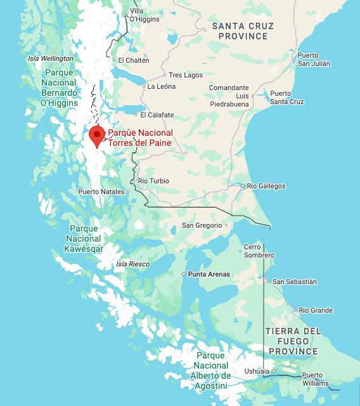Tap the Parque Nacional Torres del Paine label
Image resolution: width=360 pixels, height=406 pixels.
[x=140, y=138]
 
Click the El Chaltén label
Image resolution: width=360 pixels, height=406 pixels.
[x=134, y=61]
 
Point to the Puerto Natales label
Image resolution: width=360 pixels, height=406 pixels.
[x=101, y=192]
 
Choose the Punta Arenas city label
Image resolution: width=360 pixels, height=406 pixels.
[x=208, y=275]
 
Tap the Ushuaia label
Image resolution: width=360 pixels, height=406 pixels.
[x=257, y=372]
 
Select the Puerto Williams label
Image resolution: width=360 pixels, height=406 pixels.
[x=315, y=379]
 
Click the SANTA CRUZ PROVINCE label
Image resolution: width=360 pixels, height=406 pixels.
[x=243, y=31]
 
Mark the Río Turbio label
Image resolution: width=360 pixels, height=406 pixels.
[x=153, y=181]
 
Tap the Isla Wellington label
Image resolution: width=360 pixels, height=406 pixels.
[x=51, y=58]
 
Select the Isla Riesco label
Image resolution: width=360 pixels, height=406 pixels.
[x=132, y=264]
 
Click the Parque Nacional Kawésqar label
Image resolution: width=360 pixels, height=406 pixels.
[x=84, y=239]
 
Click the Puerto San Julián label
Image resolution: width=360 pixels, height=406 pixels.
[x=313, y=60]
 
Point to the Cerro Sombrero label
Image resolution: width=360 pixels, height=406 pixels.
[x=259, y=251]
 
